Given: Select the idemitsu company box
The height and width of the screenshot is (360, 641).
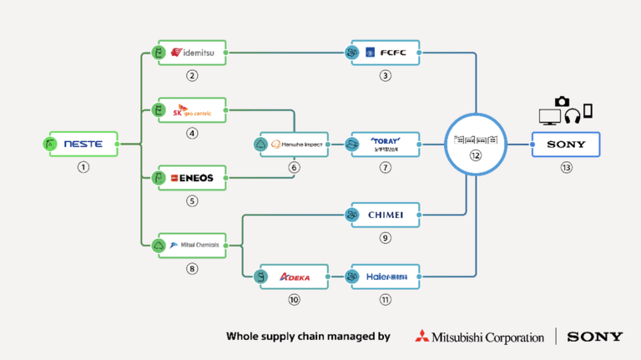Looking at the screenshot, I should [x=192, y=53].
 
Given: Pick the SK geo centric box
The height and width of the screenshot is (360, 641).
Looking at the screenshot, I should [x=192, y=110].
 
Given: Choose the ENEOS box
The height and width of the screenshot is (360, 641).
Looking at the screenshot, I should [x=192, y=177].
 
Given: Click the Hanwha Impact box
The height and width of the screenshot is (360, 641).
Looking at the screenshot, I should [x=294, y=144].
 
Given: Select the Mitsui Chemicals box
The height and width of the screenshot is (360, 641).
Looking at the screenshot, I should [x=192, y=245].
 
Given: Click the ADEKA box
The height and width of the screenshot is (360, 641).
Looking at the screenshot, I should [x=294, y=276].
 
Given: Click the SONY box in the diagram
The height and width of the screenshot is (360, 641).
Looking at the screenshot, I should [x=566, y=144].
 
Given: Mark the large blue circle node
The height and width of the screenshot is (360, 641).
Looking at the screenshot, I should [x=475, y=144].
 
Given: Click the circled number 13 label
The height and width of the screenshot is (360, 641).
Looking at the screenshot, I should [x=566, y=167].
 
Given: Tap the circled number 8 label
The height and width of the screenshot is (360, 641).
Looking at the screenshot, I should [x=192, y=268].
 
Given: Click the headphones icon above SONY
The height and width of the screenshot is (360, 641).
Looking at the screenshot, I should [x=572, y=115].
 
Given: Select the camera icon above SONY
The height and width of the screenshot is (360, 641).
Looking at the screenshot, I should [x=562, y=101].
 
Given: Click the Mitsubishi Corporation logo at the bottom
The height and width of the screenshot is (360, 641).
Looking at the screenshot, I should [x=480, y=337].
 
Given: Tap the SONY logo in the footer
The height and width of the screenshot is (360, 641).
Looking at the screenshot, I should [x=594, y=337].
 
